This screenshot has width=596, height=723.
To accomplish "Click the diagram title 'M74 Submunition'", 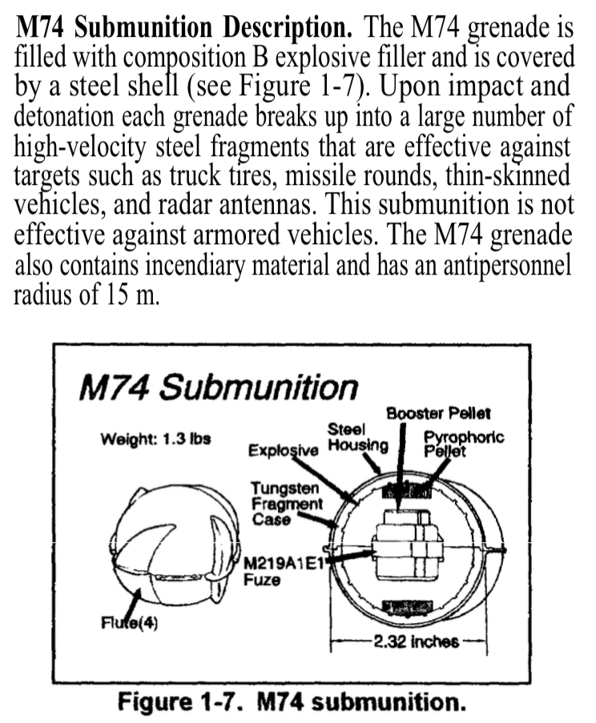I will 217,388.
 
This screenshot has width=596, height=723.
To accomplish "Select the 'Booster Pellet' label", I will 438,414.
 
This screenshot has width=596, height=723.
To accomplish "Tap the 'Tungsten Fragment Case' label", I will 286,503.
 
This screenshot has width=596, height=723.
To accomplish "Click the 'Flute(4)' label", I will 129,624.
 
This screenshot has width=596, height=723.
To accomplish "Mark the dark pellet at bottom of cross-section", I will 406,606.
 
